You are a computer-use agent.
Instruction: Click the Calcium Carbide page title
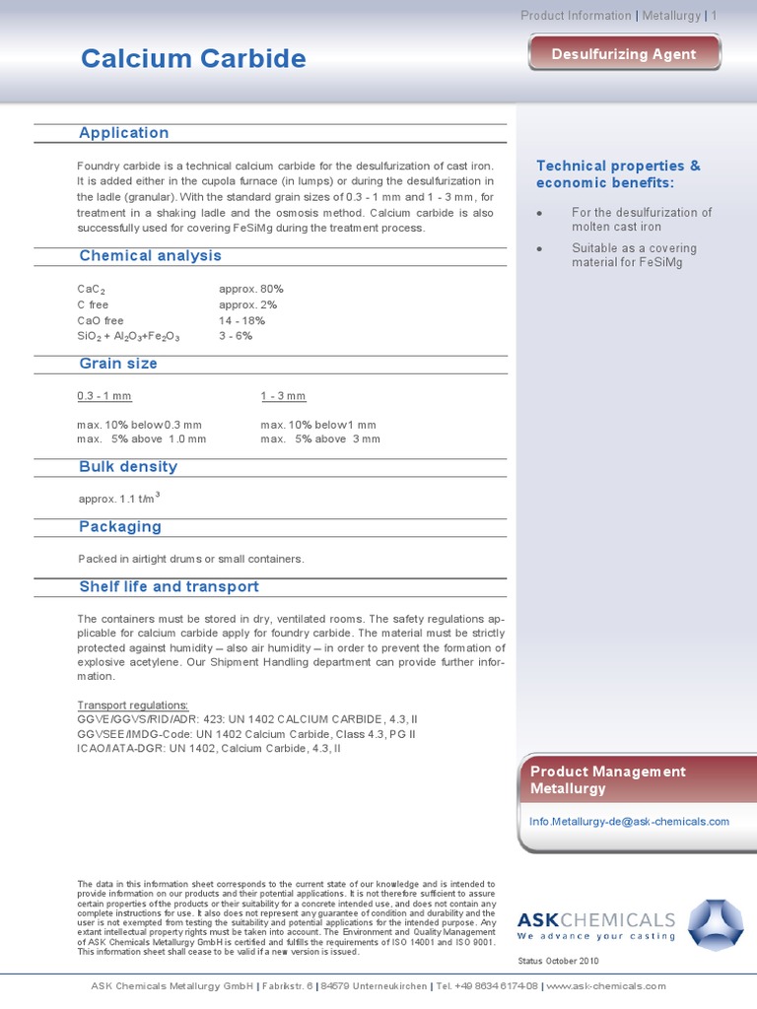(x=193, y=59)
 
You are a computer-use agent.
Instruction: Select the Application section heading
(x=124, y=133)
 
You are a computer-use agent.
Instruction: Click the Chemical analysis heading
(x=150, y=256)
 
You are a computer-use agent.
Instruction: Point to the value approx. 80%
(x=251, y=289)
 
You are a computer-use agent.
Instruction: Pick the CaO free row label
(x=101, y=320)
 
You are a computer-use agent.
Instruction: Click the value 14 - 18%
(x=241, y=320)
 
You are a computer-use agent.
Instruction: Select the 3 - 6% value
(x=236, y=336)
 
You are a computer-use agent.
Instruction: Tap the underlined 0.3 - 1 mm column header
(x=104, y=396)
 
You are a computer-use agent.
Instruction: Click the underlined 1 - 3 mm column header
(x=284, y=396)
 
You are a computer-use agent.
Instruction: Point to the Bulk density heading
(x=128, y=467)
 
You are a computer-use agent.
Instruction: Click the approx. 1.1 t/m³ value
(x=118, y=499)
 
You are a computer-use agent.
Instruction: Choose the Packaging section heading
(x=120, y=527)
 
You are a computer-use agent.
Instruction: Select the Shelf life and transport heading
(x=169, y=587)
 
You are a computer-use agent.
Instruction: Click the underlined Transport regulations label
(x=132, y=706)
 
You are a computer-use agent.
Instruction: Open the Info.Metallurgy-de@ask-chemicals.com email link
(x=629, y=821)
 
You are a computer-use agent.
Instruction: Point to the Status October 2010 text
(x=558, y=961)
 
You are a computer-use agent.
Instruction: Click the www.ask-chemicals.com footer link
(x=605, y=985)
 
